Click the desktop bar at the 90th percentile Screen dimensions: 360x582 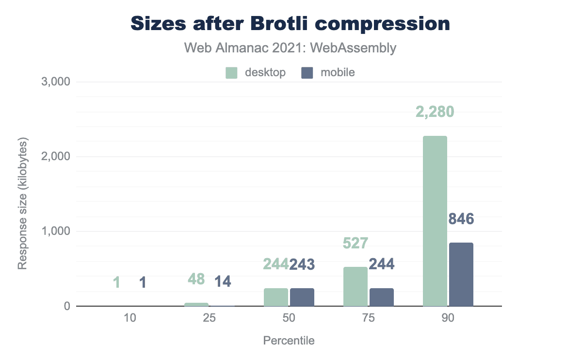[x=435, y=221]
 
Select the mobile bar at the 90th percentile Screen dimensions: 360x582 [x=461, y=275]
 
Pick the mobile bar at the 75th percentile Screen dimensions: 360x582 [x=381, y=297]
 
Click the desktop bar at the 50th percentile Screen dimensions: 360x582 [x=276, y=297]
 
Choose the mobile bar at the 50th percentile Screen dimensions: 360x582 [x=302, y=297]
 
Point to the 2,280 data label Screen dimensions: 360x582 [x=435, y=112]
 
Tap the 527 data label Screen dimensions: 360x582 [x=355, y=243]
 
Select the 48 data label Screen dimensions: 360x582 [x=196, y=279]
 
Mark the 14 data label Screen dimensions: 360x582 [x=223, y=281]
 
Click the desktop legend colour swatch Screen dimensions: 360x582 [x=232, y=73]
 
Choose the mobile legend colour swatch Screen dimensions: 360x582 [x=307, y=73]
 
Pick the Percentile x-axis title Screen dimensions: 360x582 [x=289, y=341]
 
